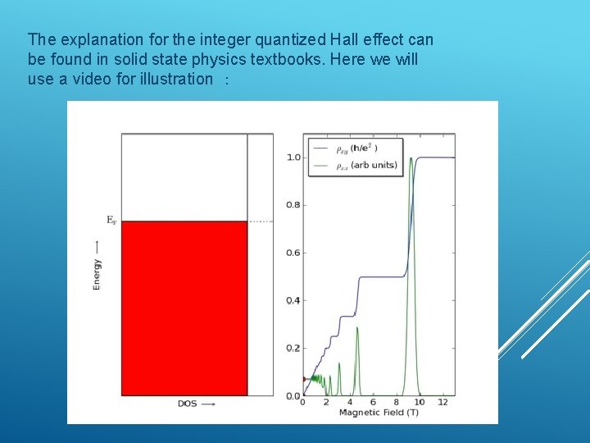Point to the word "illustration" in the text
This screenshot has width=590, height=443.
(x=175, y=79)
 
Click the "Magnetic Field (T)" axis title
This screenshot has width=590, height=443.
(x=379, y=412)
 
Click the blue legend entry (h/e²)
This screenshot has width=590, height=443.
(x=356, y=148)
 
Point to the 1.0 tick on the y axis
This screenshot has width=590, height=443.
(x=293, y=158)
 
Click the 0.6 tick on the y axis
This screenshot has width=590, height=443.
(x=293, y=253)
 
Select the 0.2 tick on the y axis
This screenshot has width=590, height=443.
(x=293, y=348)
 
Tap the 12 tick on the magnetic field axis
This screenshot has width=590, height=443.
(x=443, y=403)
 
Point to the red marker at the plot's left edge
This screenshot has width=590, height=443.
(x=305, y=379)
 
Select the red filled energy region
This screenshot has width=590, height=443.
(x=184, y=308)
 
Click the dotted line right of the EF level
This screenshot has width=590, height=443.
(x=260, y=221)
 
